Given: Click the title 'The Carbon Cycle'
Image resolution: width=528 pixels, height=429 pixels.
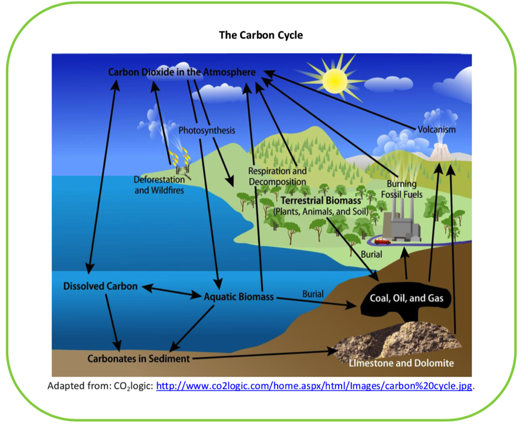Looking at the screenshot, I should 261,35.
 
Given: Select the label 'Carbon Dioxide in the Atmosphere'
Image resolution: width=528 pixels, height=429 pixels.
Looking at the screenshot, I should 182,72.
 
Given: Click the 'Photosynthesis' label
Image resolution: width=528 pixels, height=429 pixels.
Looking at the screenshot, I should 207,130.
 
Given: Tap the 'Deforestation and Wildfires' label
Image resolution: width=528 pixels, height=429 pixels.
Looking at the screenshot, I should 159,185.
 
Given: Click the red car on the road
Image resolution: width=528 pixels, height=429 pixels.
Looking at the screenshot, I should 382,240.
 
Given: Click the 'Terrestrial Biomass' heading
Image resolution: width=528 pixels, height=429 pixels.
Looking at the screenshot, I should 320,201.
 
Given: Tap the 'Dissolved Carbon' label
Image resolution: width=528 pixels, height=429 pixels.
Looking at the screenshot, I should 100,287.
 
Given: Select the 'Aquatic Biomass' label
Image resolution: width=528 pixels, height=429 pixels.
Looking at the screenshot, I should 239,297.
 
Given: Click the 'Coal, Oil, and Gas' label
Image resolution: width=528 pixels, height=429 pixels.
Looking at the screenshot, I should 406,298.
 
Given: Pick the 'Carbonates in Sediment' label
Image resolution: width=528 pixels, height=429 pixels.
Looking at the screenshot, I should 138,358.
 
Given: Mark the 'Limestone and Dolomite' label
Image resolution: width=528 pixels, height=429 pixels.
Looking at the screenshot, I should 401,363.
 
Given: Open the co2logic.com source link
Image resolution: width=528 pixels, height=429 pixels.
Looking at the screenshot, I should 314,386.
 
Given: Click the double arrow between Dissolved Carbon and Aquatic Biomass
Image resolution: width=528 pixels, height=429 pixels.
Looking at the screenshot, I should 171,291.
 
